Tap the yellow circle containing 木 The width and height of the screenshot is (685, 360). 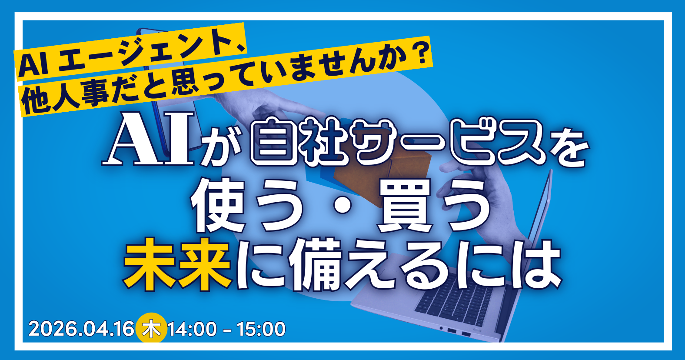click(x=151, y=329)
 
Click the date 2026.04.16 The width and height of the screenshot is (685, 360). click(x=81, y=329)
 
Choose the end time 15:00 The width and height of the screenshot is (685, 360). click(x=261, y=329)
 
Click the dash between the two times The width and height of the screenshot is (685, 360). click(x=226, y=330)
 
